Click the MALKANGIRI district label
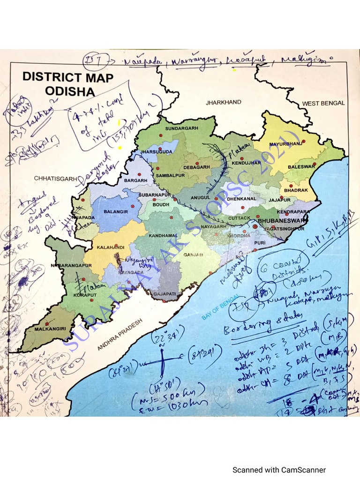pos(48,329)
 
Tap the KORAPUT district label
pos(86,296)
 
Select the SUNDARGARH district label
pos(182,128)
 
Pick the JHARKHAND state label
pos(224,102)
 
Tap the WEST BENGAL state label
pos(323,103)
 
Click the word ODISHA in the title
pos(70,91)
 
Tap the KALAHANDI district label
pos(111,247)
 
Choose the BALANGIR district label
pos(116,212)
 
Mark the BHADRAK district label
pos(296,190)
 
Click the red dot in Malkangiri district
pos(47,323)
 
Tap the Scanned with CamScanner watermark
pos(279,470)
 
